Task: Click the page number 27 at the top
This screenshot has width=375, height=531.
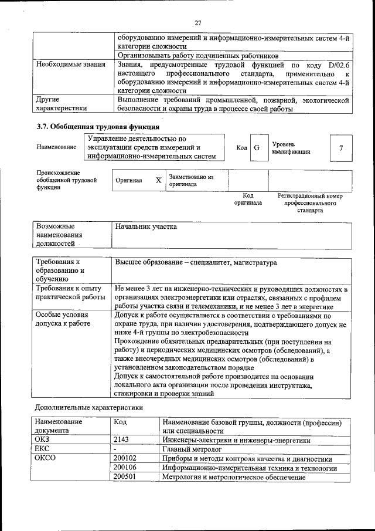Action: pyautogui.click(x=197, y=22)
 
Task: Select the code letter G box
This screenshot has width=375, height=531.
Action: pyautogui.click(x=257, y=147)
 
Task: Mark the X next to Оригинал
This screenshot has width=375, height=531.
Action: pyautogui.click(x=158, y=180)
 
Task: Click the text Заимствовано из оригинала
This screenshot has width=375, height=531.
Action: pyautogui.click(x=191, y=180)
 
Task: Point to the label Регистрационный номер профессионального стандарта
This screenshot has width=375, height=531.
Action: pyautogui.click(x=310, y=203)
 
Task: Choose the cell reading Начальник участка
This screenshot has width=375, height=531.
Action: pyautogui.click(x=146, y=226)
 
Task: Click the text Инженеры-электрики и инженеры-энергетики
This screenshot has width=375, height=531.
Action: pyautogui.click(x=236, y=439)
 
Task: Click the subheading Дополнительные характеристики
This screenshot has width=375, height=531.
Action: pyautogui.click(x=88, y=407)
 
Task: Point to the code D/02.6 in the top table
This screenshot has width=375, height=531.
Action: pyautogui.click(x=339, y=63)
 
